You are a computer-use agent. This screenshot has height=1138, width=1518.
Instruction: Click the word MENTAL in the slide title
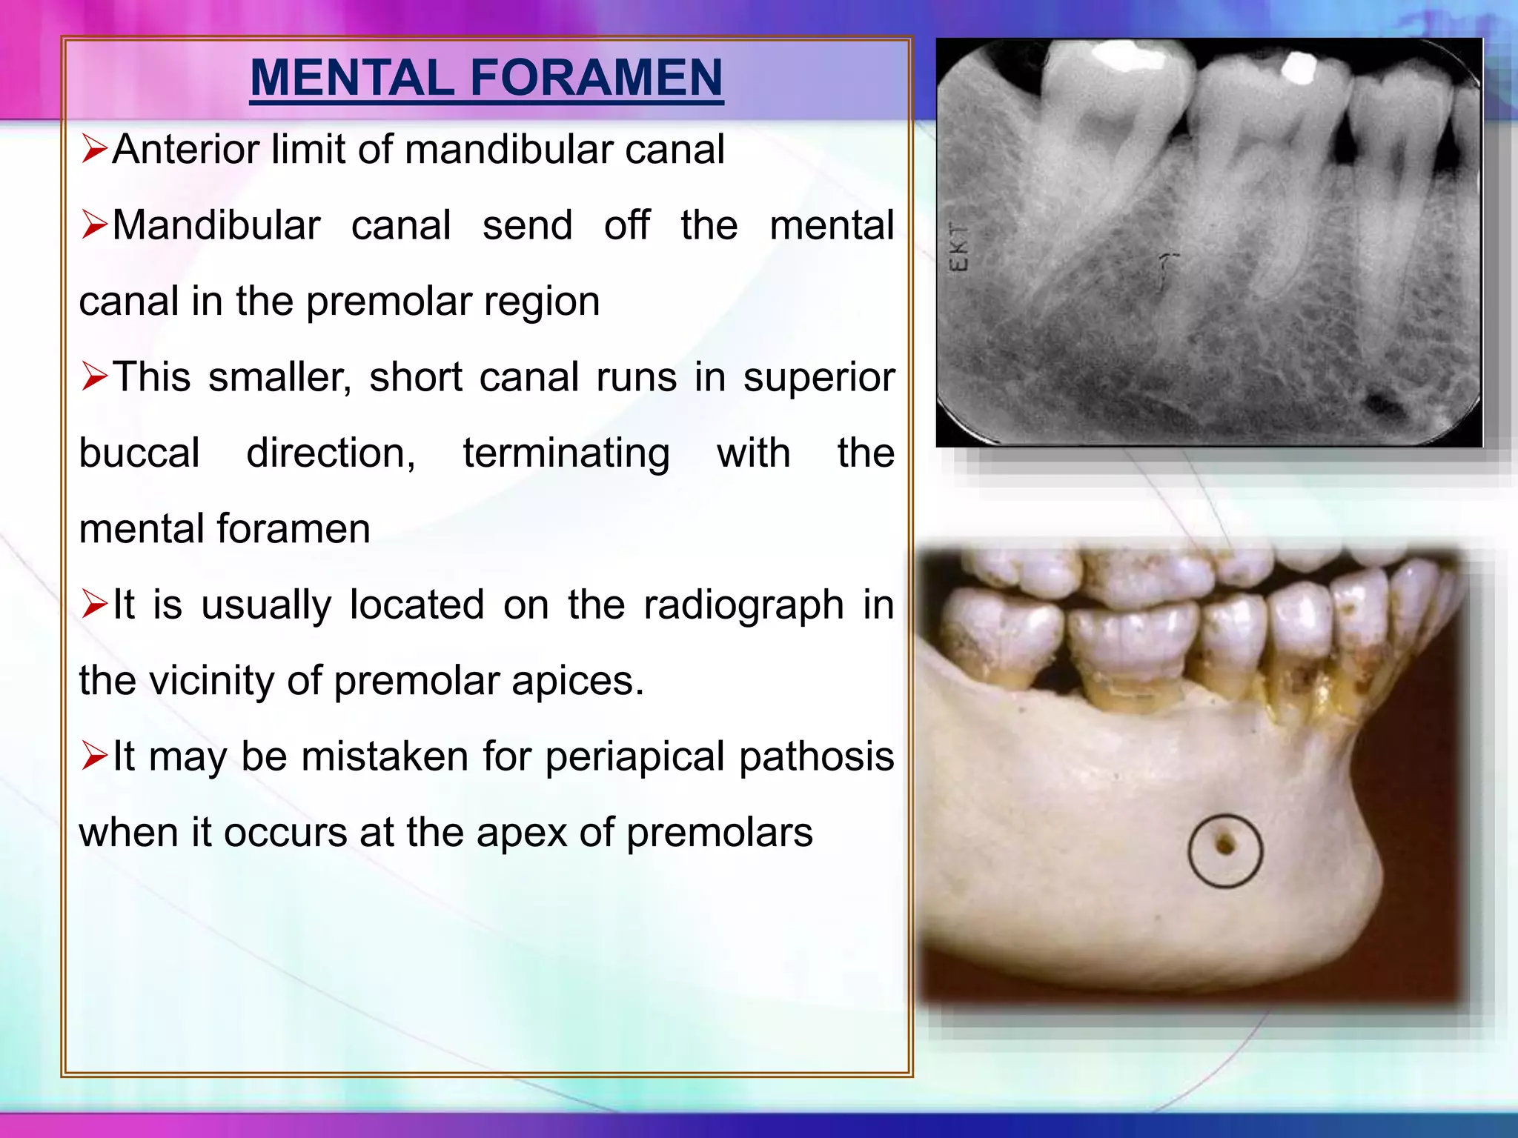(351, 78)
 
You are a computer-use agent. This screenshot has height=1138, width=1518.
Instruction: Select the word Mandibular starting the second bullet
(216, 225)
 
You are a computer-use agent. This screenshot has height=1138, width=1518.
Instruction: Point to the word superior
(819, 377)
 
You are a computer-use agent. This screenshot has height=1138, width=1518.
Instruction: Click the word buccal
(139, 453)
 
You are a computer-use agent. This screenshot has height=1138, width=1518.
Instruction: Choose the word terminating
(566, 453)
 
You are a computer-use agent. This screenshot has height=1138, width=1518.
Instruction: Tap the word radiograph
(743, 605)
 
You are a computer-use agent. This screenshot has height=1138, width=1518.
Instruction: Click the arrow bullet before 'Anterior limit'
(95, 149)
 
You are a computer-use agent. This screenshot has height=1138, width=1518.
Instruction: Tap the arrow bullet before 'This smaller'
(95, 377)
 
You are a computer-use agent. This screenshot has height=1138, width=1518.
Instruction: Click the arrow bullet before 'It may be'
(95, 756)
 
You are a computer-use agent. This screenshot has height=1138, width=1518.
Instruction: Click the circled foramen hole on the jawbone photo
(1225, 845)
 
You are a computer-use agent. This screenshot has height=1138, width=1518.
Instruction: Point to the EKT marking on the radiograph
(959, 247)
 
